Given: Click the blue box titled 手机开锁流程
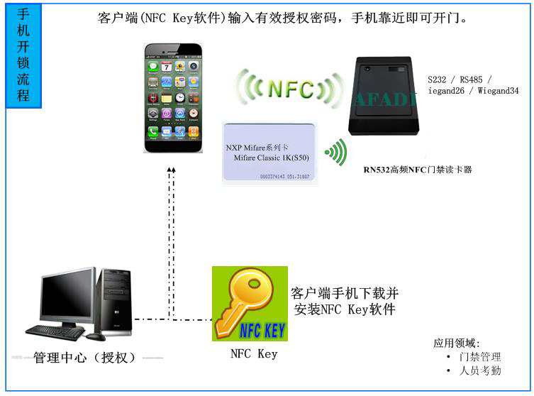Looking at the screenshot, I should coord(23,55).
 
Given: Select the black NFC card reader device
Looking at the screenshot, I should coord(386,97).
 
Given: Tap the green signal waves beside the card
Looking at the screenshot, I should coord(336,151).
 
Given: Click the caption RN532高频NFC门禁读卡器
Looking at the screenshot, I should coord(418,170).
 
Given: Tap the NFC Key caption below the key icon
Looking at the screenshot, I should coord(254,353).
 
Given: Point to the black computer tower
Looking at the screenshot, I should coord(116,301).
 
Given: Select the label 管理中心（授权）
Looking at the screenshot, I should coord(84,358).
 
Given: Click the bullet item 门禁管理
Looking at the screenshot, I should coord(479,357).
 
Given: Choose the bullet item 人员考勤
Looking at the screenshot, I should coord(479,370).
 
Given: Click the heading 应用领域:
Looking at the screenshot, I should coord(457,343).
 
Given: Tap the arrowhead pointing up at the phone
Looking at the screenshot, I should coord(171,170).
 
